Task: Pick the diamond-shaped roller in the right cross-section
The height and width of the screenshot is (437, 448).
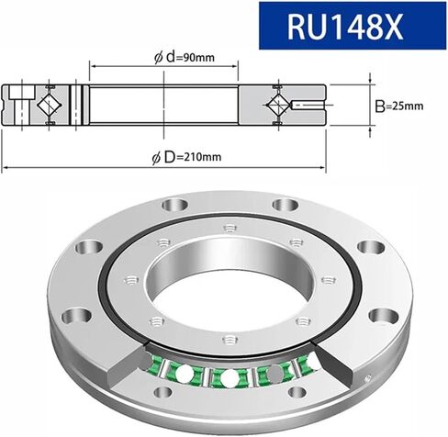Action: click(280, 106)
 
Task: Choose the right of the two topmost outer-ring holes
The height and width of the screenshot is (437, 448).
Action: click(274, 202)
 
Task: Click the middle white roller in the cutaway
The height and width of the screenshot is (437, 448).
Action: click(229, 377)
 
